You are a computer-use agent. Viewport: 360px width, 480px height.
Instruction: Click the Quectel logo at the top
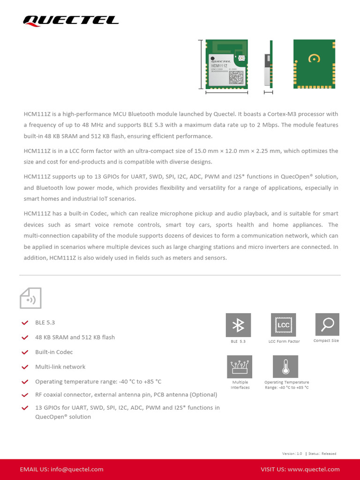(x=71, y=20)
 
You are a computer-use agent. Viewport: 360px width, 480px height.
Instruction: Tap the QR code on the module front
(x=237, y=77)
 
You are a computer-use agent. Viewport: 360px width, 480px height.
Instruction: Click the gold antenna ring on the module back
(x=314, y=58)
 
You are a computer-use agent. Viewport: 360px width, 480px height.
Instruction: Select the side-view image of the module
(x=269, y=64)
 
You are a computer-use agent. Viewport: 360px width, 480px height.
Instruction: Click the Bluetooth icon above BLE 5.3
(x=238, y=325)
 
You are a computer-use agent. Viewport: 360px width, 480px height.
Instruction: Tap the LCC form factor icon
(x=284, y=325)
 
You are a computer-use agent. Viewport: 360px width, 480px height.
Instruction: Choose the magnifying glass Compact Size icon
(x=327, y=324)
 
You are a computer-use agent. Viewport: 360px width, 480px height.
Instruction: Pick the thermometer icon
(x=285, y=367)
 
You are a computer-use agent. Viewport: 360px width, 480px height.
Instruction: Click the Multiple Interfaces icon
(x=240, y=367)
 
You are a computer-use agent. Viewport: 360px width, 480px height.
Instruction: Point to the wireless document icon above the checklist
(x=30, y=298)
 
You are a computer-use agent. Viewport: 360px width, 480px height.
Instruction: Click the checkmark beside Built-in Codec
(x=25, y=352)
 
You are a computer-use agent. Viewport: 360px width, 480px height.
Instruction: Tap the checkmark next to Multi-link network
(x=25, y=367)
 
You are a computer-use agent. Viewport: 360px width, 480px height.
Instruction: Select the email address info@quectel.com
(x=77, y=469)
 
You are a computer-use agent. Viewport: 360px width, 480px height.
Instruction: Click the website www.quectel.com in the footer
(x=314, y=469)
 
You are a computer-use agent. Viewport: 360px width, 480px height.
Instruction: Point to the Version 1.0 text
(x=292, y=454)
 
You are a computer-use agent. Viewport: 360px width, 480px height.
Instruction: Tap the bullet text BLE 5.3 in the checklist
(x=45, y=322)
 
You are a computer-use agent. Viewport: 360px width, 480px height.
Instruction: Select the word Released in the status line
(x=329, y=454)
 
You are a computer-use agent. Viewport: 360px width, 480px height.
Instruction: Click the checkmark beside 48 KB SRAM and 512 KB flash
(x=25, y=337)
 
